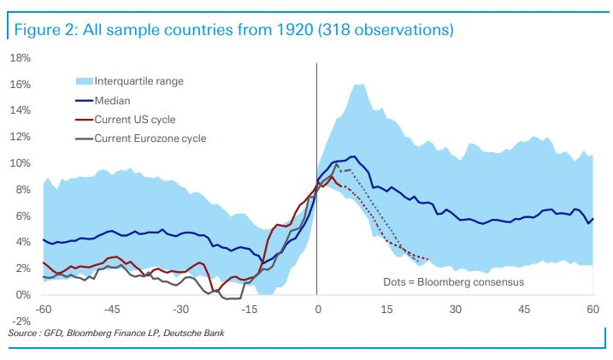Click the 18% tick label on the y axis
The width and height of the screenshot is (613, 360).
tap(20, 58)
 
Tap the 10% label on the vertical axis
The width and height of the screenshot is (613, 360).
tap(20, 163)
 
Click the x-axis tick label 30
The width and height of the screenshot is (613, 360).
tap(455, 309)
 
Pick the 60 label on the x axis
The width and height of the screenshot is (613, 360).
tap(592, 309)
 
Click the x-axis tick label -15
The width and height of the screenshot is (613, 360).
tap(249, 309)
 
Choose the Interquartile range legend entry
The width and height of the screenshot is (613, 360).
tap(139, 82)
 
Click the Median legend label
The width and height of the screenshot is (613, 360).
tap(112, 101)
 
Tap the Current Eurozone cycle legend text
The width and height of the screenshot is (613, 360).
tap(150, 139)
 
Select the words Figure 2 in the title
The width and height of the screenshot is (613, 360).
tap(44, 31)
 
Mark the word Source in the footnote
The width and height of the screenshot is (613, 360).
tap(21, 332)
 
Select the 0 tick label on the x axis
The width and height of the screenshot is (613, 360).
tap(317, 309)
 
